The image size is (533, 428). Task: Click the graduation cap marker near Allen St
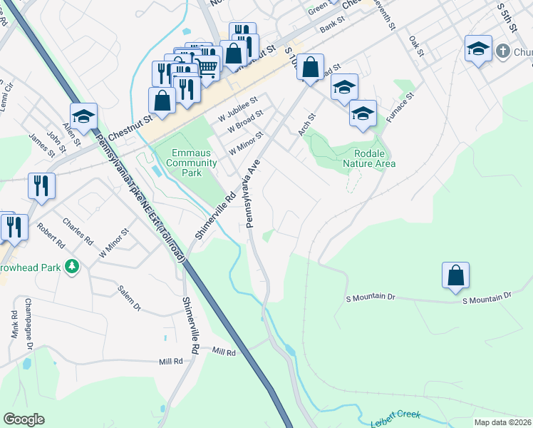point(83,116)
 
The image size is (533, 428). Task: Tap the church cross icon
point(503,51)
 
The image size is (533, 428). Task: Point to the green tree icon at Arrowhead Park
point(71,267)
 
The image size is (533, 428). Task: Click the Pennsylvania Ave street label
point(253,193)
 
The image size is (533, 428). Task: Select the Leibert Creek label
point(395,419)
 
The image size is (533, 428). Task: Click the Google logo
point(24,419)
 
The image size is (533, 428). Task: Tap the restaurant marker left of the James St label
point(41,186)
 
